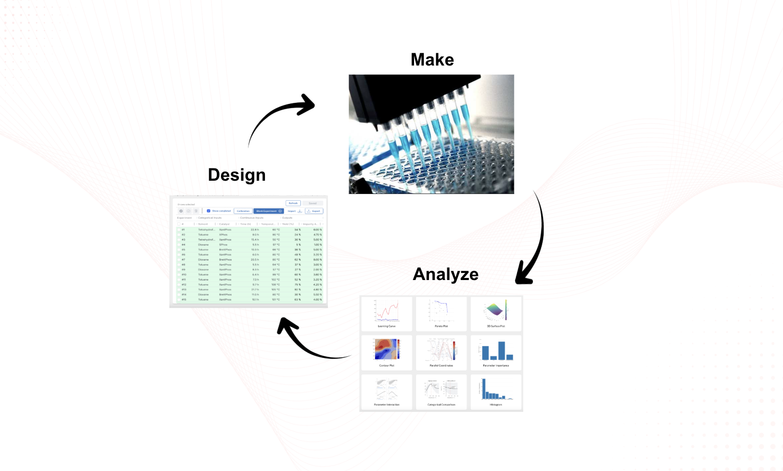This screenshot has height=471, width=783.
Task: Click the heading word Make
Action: [432, 60]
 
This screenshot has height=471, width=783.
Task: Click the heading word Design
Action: [237, 175]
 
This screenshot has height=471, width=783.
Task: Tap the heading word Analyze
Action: [445, 274]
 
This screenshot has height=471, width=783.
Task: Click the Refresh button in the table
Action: [293, 203]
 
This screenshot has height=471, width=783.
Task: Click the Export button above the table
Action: [314, 211]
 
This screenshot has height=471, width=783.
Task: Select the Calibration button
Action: [243, 211]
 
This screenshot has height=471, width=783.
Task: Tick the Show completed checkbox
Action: [209, 211]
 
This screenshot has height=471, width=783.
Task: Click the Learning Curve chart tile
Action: [386, 313]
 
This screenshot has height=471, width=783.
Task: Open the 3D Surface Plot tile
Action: [496, 313]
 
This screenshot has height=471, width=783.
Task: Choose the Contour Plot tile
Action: [386, 353]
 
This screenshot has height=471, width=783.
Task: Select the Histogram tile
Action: [496, 392]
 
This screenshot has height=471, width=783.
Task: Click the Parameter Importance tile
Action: [496, 353]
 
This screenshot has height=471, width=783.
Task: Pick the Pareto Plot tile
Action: [441, 313]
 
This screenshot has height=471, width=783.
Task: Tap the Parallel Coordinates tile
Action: [441, 353]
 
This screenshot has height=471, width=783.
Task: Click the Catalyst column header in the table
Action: [225, 224]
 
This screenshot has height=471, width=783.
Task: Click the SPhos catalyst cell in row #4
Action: [223, 245]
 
